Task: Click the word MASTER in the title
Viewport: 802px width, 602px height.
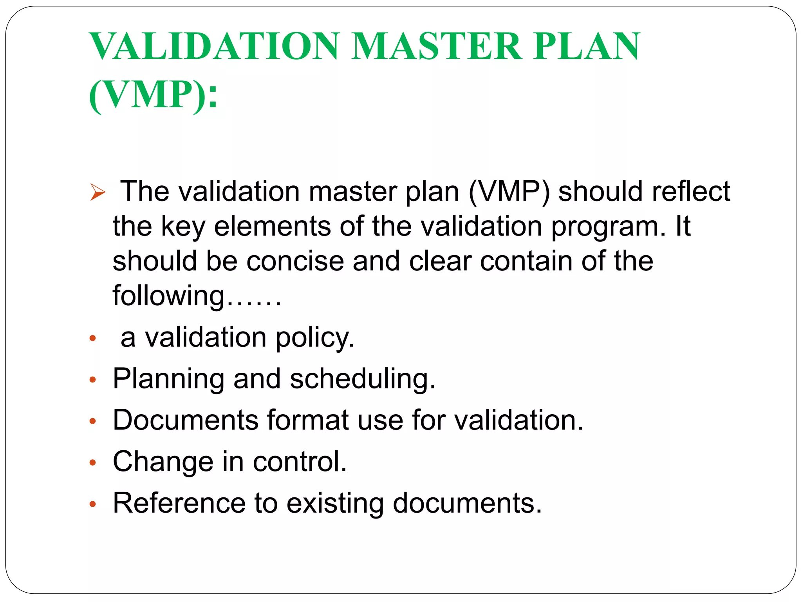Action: pos(437,47)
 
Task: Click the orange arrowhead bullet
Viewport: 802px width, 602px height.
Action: pos(98,192)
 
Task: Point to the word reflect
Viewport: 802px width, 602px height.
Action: pos(691,191)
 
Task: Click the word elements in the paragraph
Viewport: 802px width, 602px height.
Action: pos(272,226)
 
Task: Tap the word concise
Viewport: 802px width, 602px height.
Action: pos(295,261)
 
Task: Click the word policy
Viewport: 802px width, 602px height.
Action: pos(315,338)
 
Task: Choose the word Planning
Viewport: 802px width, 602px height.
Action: pos(168,379)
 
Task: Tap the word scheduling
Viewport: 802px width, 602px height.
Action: pos(362,379)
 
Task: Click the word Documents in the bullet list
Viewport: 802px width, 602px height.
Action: pos(186,420)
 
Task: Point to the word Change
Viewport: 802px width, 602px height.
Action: pos(163,462)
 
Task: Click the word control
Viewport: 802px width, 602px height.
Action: pos(300,461)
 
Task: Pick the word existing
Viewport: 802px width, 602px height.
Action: pos(335,504)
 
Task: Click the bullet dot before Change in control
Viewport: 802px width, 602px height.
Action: pos(93,463)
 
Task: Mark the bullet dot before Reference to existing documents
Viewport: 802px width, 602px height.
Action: pos(93,504)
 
